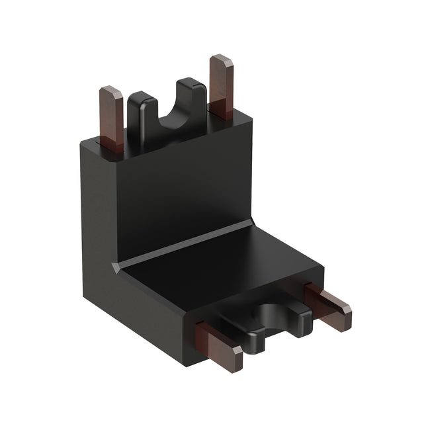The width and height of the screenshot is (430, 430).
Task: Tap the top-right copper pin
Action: [221, 86]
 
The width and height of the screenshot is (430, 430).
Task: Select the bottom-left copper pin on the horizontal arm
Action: [221, 344]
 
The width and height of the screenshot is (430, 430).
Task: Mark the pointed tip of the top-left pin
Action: [110, 91]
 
